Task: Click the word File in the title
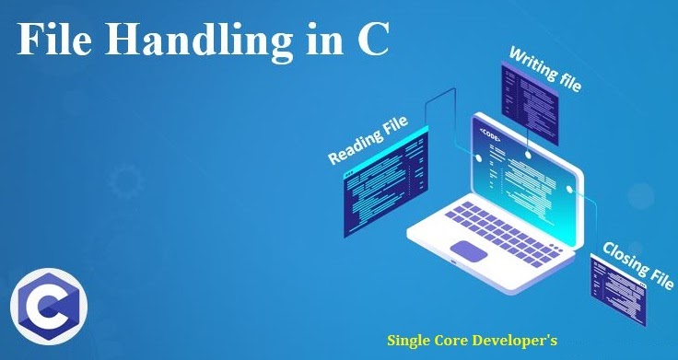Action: [x=55, y=41]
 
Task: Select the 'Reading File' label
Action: [x=369, y=141]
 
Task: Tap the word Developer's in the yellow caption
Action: [x=522, y=339]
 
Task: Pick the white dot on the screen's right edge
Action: [x=571, y=192]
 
